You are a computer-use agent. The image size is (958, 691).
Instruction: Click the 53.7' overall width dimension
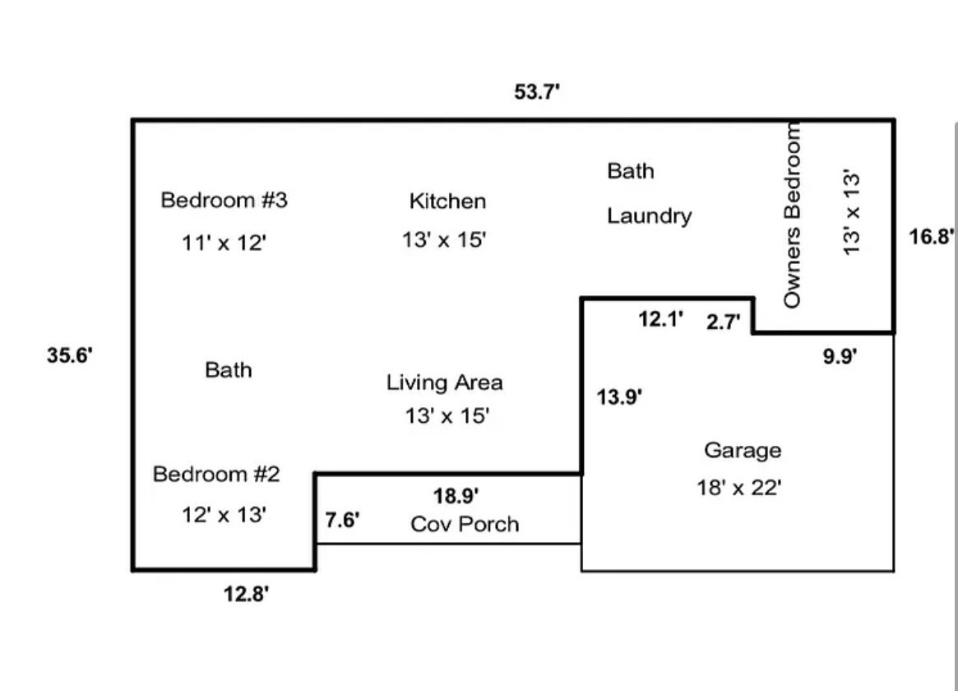coord(537,92)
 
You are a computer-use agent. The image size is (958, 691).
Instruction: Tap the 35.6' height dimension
coord(70,355)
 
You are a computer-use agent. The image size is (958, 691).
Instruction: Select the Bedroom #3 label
coord(224,200)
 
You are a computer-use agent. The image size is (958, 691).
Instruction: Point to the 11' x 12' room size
coord(224,243)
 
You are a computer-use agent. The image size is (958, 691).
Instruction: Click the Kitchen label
coord(447,201)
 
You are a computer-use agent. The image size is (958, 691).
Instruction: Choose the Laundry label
coord(649,216)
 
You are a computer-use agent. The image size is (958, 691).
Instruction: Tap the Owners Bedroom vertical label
coord(791,215)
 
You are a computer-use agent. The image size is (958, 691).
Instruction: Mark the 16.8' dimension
coord(931,236)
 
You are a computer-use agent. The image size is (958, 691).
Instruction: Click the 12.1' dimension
coord(660,319)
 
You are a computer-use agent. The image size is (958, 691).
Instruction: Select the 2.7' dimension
coord(724,322)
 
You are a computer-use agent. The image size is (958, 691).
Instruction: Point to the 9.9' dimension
coord(840,355)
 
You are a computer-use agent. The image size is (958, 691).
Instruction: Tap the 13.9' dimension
coord(619,397)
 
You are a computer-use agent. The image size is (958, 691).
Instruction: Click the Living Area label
coord(444,383)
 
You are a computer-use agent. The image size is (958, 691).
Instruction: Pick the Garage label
coord(743,450)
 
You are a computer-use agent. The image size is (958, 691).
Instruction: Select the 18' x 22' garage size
coord(738,488)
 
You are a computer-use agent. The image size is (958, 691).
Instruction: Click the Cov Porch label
coord(465,524)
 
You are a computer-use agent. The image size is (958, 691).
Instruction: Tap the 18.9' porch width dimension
coord(456,495)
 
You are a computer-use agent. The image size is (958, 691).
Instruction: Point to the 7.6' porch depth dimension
coord(342,520)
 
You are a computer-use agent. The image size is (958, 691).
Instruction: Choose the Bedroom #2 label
coord(216,474)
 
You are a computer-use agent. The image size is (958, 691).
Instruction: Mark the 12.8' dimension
coord(246,594)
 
